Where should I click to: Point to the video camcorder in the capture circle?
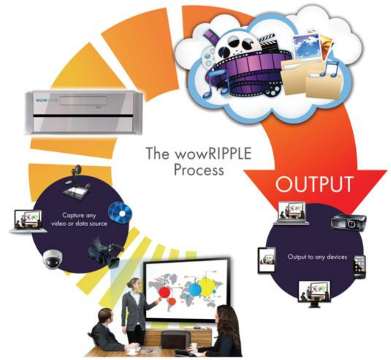coord(102,251)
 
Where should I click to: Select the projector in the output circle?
coord(350,222)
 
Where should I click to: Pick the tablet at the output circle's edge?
coord(266,260)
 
